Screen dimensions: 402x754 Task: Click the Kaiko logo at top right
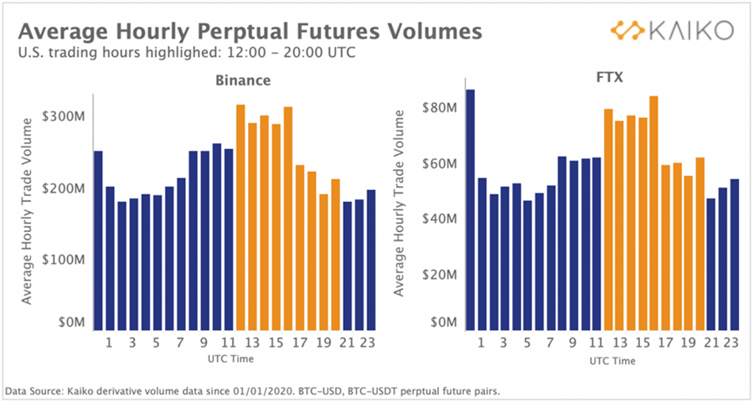tap(673, 31)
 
